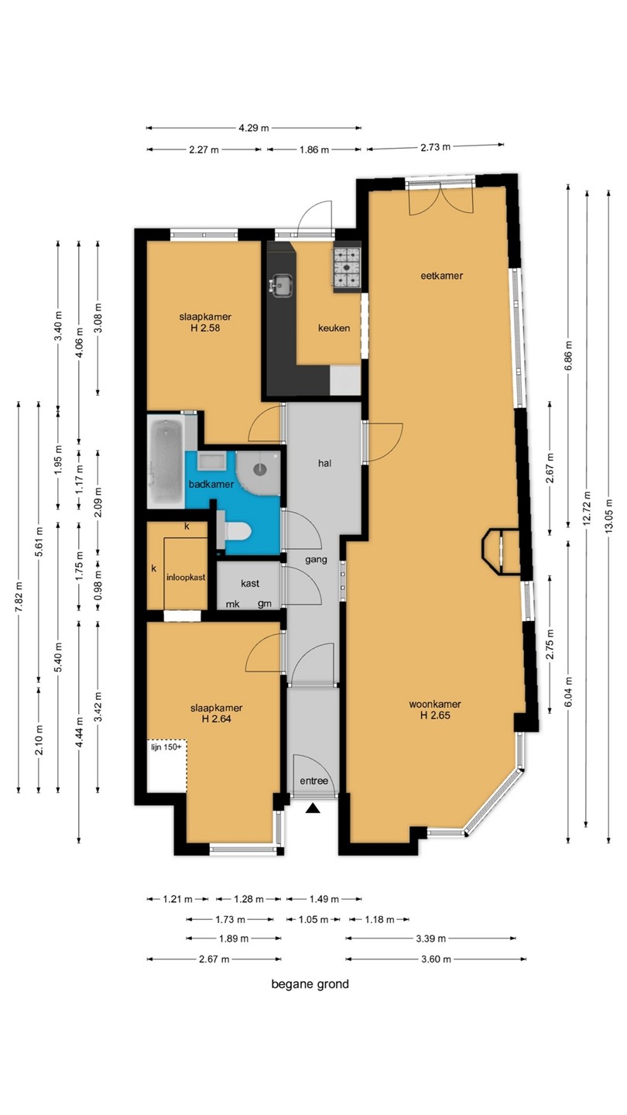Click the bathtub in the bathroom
tap(166, 461)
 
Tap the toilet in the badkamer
tap(236, 530)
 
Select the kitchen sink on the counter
tap(281, 285)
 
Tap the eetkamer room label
tap(441, 276)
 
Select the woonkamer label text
tap(434, 704)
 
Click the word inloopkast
tap(186, 578)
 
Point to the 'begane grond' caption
tap(310, 984)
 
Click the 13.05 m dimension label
tap(609, 515)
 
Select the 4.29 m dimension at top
tap(253, 128)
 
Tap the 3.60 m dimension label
tap(436, 959)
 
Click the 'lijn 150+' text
tap(166, 747)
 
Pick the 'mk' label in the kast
tap(232, 604)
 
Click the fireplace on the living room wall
tap(501, 551)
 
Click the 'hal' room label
tap(324, 463)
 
